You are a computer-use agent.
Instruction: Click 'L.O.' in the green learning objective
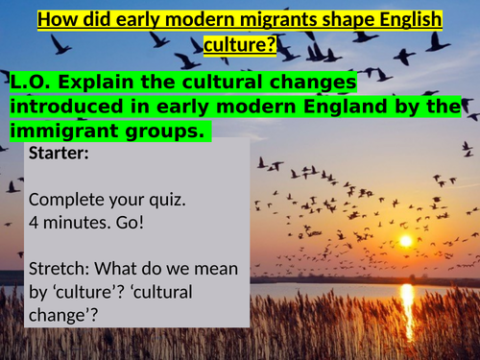pos(27,84)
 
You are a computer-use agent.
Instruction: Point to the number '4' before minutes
pos(34,222)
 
